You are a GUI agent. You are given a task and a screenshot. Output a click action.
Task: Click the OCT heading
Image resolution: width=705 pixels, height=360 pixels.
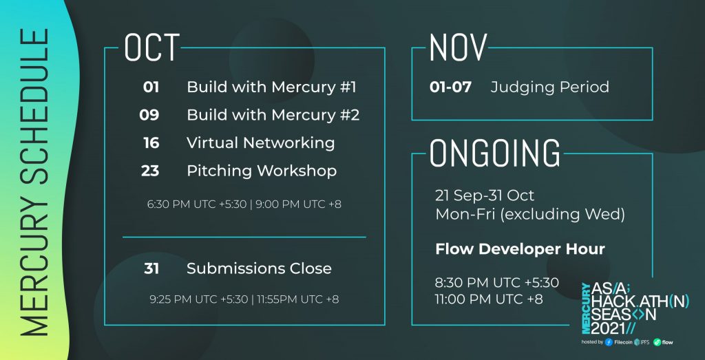(152, 47)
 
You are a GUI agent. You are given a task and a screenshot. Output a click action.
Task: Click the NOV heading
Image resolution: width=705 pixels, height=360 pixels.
(458, 47)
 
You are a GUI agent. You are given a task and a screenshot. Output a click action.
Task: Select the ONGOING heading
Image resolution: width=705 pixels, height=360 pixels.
(496, 153)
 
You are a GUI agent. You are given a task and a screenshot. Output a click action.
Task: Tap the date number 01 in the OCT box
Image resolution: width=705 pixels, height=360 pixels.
(151, 87)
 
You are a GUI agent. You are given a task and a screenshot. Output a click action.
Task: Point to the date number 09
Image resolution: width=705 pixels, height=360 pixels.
(149, 115)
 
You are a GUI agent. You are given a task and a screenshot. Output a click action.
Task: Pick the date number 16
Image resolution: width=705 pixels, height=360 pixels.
(151, 143)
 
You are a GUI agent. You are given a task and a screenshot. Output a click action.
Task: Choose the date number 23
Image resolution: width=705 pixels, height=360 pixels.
(150, 171)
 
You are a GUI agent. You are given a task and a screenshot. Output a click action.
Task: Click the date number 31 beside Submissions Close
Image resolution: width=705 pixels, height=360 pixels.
(151, 268)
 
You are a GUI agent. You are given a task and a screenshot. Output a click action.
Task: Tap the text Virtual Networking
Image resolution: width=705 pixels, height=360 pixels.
(261, 143)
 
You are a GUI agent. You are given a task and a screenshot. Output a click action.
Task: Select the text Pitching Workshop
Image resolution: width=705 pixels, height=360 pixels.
(262, 171)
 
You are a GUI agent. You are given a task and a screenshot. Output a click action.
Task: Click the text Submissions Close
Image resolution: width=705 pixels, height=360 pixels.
(259, 268)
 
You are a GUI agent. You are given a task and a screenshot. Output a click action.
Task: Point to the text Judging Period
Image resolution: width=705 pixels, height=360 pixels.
(550, 87)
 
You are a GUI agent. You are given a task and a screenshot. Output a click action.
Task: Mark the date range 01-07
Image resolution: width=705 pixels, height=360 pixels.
(450, 87)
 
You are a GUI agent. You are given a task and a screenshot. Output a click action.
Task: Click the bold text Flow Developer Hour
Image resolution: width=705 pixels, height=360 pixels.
(520, 249)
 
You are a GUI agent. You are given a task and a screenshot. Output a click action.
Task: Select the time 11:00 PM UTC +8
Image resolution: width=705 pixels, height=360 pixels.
(490, 299)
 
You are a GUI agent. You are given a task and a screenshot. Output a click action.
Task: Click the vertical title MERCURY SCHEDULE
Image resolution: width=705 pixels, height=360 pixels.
(34, 182)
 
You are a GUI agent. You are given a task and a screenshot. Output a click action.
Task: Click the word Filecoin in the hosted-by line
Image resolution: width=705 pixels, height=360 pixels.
(624, 343)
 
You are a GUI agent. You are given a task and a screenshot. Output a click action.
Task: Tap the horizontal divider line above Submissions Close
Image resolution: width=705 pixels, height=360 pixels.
(244, 237)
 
